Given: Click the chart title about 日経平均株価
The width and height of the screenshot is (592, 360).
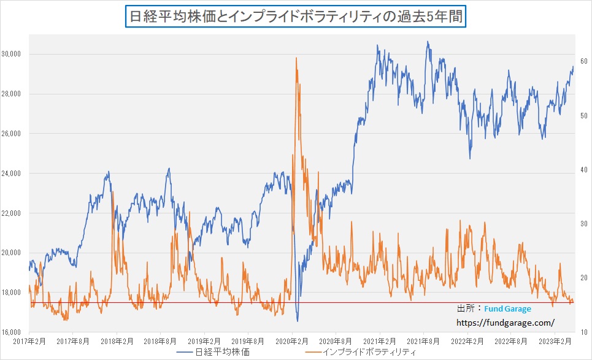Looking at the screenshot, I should tap(296, 15).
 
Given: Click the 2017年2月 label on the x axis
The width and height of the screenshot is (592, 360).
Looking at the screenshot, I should tap(29, 341).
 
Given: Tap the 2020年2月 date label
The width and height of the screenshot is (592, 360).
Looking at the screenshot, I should tap(292, 341).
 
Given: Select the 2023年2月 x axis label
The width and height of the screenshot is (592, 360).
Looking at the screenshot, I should tap(555, 341).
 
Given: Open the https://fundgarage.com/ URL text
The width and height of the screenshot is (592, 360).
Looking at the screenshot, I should tap(506, 321).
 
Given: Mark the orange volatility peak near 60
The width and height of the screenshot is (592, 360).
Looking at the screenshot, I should tap(296, 58).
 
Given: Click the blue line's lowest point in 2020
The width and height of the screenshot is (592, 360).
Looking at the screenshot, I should tap(298, 321).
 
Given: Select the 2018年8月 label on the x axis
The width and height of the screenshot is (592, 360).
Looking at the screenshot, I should tap(161, 341).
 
